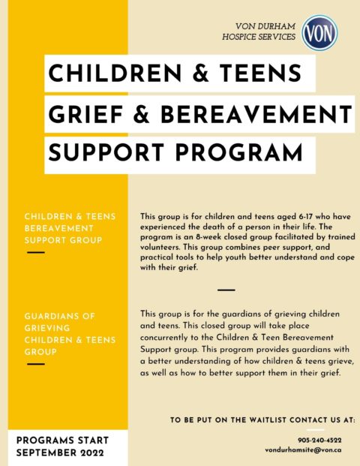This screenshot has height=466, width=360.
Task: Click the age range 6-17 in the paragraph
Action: (282, 216)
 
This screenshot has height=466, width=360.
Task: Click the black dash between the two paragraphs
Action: (225, 289)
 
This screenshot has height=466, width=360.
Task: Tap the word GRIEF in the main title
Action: (78, 114)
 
